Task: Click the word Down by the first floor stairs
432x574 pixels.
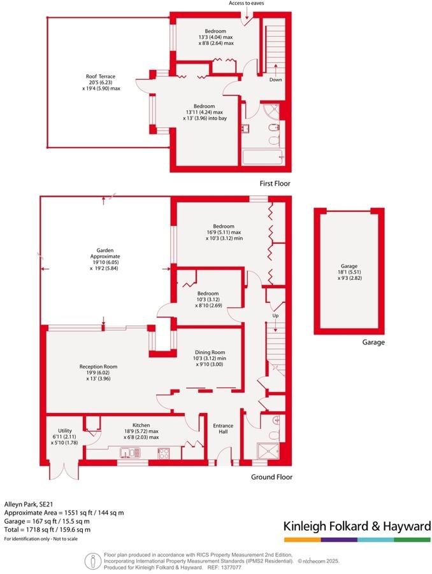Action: pyautogui.click(x=275, y=80)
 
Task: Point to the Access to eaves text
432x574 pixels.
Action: pyautogui.click(x=247, y=4)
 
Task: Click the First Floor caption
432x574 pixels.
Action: pyautogui.click(x=275, y=183)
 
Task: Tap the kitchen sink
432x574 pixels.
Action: pyautogui.click(x=130, y=452)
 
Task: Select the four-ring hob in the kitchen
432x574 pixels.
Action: pyautogui.click(x=163, y=453)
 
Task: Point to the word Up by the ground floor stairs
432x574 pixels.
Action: pyautogui.click(x=275, y=316)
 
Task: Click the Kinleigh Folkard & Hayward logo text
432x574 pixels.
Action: pyautogui.click(x=357, y=526)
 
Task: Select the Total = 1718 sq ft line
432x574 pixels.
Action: pyautogui.click(x=47, y=529)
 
